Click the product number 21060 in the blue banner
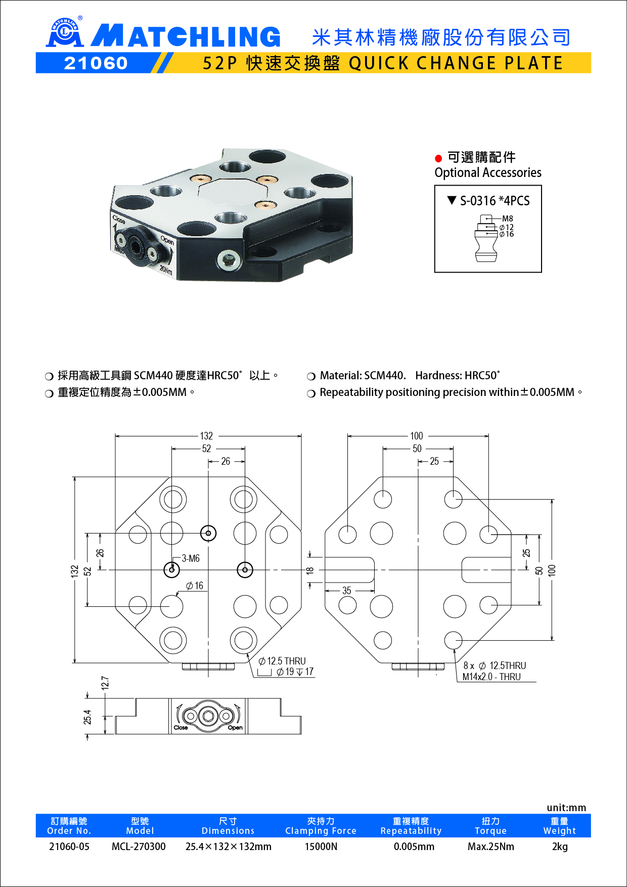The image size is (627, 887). point(96,63)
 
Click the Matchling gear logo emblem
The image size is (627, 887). point(64,33)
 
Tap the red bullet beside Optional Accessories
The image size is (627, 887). point(438,158)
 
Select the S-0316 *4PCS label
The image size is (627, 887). point(494,201)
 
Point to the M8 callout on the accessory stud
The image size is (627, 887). point(507,218)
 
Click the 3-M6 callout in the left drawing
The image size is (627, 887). point(191,558)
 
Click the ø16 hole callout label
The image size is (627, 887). point(195,586)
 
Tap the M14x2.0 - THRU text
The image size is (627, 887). point(491,677)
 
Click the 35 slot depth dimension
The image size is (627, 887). point(346,591)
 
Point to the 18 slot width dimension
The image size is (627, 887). point(310,570)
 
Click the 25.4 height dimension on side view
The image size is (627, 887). point(87,717)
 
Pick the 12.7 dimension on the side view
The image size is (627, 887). point(105,683)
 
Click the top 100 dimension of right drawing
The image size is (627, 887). point(416,436)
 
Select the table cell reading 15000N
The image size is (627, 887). point(321,847)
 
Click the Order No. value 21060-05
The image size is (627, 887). point(69,847)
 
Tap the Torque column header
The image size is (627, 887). point(490,826)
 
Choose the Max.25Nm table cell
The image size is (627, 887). point(490,847)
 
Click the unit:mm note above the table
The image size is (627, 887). point(566,808)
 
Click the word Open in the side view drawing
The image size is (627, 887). point(235,728)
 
